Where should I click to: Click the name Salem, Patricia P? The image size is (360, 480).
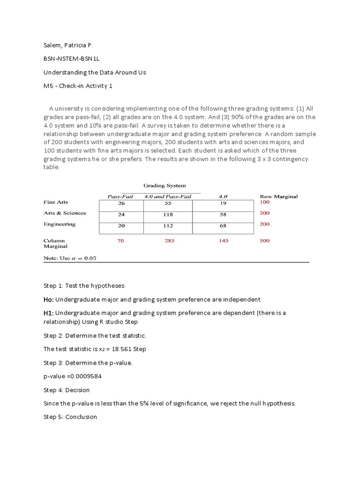(68, 45)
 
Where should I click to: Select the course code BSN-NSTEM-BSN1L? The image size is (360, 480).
(72, 59)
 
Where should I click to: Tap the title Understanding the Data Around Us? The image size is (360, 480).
(95, 73)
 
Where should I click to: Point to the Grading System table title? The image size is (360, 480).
(164, 186)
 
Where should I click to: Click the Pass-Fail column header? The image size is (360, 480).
(120, 196)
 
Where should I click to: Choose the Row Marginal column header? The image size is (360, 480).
(278, 196)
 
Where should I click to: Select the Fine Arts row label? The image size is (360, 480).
(56, 202)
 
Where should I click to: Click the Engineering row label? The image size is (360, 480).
(59, 224)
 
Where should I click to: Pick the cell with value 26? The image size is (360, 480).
(121, 203)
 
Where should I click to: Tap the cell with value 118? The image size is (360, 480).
(168, 215)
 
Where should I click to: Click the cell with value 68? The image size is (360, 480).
(223, 226)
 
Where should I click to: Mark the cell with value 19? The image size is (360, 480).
(223, 203)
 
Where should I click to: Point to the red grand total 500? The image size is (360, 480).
(264, 241)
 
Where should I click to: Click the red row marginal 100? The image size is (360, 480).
(264, 202)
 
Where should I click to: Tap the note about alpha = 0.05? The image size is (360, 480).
(70, 258)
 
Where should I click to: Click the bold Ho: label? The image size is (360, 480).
(49, 300)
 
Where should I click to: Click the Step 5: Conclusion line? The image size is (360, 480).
(70, 417)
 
